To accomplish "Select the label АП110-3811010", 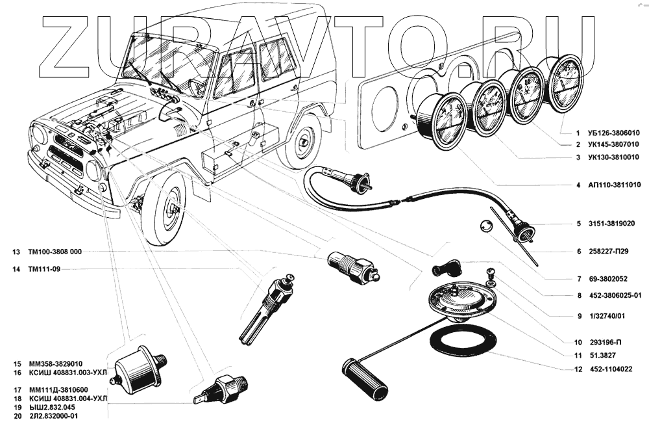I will tap(611, 185).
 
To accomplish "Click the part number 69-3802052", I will tap(604, 278).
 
